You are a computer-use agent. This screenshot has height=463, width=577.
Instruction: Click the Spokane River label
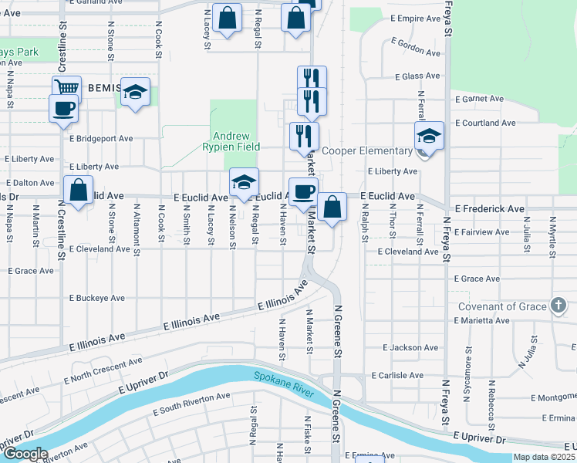(x=284, y=384)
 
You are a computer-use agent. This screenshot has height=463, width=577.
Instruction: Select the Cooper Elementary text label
(x=367, y=151)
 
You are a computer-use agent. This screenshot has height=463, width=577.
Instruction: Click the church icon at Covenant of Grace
(x=558, y=305)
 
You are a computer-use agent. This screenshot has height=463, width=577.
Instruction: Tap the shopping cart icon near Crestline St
(x=67, y=89)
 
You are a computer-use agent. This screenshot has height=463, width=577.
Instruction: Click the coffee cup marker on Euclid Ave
(x=303, y=191)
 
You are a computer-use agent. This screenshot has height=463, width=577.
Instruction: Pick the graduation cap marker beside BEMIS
(x=136, y=93)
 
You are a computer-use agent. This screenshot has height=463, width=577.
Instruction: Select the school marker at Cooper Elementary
(x=429, y=136)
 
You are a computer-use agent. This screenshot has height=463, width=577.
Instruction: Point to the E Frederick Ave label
(x=490, y=209)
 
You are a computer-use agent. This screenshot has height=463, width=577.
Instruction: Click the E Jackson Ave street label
(x=414, y=348)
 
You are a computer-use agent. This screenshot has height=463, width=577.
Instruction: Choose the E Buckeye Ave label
(x=96, y=298)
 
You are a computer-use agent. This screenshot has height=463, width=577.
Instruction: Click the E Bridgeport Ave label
(x=101, y=139)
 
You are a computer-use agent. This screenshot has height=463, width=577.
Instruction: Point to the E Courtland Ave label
(x=485, y=123)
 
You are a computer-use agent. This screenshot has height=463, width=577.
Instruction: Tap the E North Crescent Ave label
(x=103, y=370)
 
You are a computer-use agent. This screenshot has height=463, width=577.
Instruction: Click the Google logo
(x=26, y=454)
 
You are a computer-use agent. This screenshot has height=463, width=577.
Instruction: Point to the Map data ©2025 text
(x=545, y=457)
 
